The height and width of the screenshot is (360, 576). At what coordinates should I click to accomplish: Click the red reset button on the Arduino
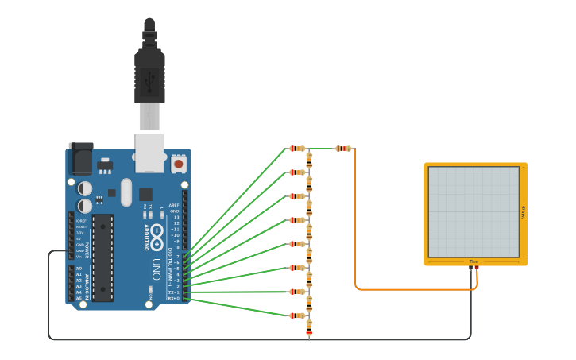click(x=179, y=164)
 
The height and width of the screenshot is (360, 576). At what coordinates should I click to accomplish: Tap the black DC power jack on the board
click(x=80, y=158)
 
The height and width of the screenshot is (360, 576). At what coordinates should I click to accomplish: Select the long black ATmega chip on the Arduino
click(x=102, y=256)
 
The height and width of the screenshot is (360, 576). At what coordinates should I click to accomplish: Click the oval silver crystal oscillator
click(x=126, y=192)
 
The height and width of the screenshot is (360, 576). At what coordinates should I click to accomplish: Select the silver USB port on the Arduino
click(x=149, y=153)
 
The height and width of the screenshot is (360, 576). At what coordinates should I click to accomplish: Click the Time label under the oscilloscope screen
click(x=474, y=261)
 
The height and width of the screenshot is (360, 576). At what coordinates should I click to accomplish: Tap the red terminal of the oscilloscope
click(x=477, y=269)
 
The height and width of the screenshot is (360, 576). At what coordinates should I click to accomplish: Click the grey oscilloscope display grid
click(x=474, y=211)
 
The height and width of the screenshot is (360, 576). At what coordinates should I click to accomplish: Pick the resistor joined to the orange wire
click(x=343, y=149)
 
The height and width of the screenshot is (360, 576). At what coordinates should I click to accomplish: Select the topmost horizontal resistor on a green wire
click(x=296, y=149)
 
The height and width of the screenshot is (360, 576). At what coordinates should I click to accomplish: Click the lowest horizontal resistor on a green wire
click(x=296, y=315)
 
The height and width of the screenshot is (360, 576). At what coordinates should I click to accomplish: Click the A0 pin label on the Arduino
click(x=78, y=269)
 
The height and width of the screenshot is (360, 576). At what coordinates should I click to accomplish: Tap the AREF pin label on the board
click(x=175, y=205)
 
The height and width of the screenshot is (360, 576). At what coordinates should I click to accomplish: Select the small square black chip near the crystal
click(x=145, y=194)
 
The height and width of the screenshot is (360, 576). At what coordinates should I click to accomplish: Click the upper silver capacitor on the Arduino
click(x=84, y=188)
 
